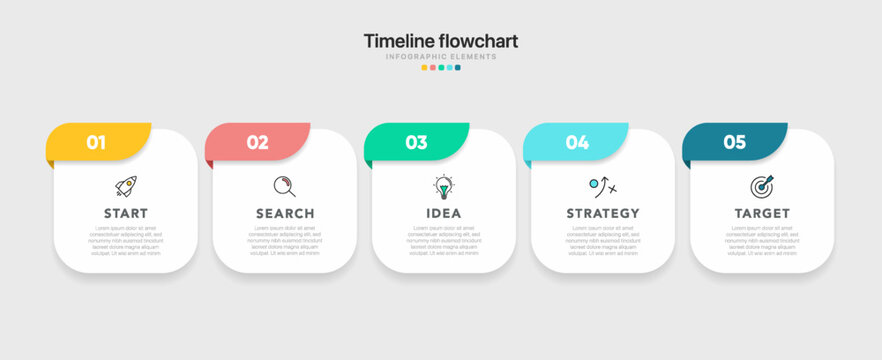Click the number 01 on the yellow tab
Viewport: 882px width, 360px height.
tap(96, 142)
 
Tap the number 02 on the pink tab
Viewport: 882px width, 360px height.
tap(257, 142)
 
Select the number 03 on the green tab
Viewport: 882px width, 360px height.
tap(416, 142)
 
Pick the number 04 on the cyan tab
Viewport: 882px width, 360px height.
tap(577, 142)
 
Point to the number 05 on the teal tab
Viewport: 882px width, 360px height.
tap(735, 142)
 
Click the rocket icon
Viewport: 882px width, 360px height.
tap(126, 186)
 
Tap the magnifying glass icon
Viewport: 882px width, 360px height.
tap(285, 186)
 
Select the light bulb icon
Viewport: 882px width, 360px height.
tap(444, 187)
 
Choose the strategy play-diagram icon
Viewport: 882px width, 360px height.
tap(603, 187)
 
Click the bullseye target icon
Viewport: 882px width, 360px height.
tap(762, 187)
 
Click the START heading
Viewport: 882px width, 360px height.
tap(126, 213)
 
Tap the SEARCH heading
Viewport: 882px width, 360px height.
tap(285, 213)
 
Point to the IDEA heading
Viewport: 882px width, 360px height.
tap(444, 213)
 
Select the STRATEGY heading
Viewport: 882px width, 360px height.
tap(603, 213)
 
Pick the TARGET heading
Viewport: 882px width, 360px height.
tap(762, 213)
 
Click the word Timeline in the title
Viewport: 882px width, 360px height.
tap(400, 41)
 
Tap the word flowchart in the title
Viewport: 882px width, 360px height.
tap(480, 41)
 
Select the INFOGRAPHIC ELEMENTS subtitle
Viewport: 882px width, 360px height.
tap(441, 57)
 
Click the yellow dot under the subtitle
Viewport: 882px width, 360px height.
tap(424, 68)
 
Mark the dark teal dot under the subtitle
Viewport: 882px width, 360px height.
tap(458, 68)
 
